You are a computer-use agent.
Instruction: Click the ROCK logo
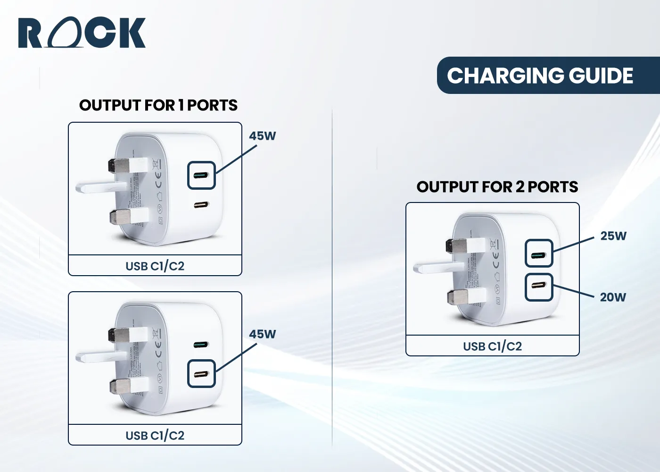pos(82,33)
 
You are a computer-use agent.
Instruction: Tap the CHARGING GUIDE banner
pos(540,76)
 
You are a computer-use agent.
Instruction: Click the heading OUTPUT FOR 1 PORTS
pos(158,105)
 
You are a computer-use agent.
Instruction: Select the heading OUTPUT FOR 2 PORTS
pos(497,187)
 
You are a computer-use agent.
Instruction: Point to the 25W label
pos(613,236)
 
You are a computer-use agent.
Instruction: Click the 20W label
pos(612,297)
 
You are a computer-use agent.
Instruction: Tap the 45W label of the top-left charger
pos(262,136)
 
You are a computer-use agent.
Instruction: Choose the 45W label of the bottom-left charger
pos(262,334)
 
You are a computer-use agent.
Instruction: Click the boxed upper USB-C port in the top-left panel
pos(201,176)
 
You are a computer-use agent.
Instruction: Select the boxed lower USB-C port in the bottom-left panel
pos(201,374)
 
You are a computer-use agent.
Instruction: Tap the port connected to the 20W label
pos(539,287)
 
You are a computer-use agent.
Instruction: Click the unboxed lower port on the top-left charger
pos(201,205)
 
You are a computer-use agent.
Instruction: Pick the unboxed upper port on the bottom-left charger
pos(201,345)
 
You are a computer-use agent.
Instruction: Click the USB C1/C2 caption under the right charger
pos(492,346)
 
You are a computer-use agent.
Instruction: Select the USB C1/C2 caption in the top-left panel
pos(155,266)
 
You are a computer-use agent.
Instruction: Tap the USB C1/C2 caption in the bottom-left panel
pos(155,436)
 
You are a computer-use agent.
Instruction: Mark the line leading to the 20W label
pos(573,291)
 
